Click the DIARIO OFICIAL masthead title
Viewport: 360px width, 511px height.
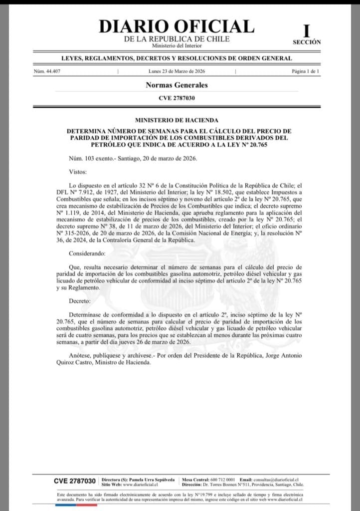point(176,26)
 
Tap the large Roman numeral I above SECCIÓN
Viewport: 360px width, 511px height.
point(306,31)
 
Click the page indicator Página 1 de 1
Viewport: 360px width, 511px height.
point(306,72)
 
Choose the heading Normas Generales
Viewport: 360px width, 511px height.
point(177,85)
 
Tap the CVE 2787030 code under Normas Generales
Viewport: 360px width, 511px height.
point(177,98)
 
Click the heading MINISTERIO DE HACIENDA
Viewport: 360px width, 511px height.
point(177,120)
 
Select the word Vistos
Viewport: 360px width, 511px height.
point(78,172)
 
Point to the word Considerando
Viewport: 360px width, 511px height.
point(86,254)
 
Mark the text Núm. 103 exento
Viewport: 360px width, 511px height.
point(90,158)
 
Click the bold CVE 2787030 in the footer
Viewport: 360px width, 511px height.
point(74,481)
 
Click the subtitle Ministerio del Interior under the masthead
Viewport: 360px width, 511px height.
point(177,46)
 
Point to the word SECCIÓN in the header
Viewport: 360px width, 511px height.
point(307,42)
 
